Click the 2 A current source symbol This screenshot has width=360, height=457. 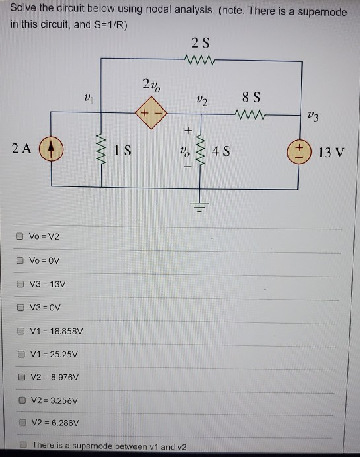tap(49, 147)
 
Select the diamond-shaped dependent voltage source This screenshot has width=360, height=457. tap(149, 113)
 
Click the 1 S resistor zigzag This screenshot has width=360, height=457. tap(101, 149)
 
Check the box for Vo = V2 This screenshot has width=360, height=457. tap(20, 236)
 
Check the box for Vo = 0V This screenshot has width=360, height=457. tap(20, 260)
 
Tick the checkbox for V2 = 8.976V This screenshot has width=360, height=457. tap(21, 377)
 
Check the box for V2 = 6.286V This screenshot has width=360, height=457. tap(21, 423)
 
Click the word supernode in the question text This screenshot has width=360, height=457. tap(329, 11)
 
